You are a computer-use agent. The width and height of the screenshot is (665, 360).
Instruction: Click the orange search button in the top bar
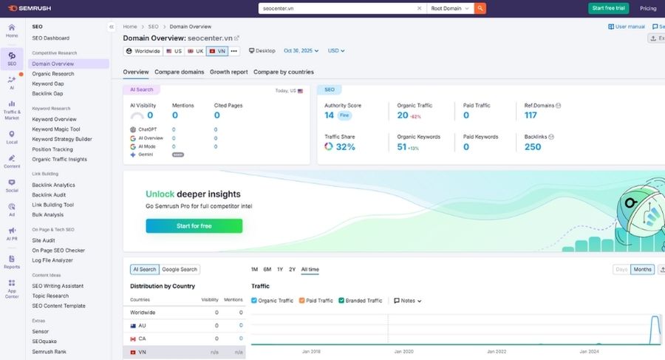point(480,8)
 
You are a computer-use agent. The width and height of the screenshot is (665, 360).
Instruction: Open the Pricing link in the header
point(648,8)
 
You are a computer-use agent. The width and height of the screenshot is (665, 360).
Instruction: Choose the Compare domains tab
point(180,72)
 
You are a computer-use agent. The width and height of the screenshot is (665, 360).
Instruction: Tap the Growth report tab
point(229,72)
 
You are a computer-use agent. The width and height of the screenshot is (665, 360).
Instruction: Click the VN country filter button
point(217,51)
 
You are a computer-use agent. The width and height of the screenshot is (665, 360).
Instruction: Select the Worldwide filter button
point(143,51)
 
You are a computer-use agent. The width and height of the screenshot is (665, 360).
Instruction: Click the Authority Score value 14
point(330,115)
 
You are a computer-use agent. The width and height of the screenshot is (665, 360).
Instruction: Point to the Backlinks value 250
point(533,147)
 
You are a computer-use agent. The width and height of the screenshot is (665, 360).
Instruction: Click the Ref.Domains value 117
point(531,115)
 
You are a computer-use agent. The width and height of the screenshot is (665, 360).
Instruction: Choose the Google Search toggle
point(180,270)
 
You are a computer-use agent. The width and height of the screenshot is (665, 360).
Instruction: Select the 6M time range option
point(267,270)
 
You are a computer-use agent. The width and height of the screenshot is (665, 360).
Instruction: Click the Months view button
point(642,270)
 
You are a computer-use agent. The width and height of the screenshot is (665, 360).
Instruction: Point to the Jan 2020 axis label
point(403,352)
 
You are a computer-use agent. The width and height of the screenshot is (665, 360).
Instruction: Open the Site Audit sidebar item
point(44,240)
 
